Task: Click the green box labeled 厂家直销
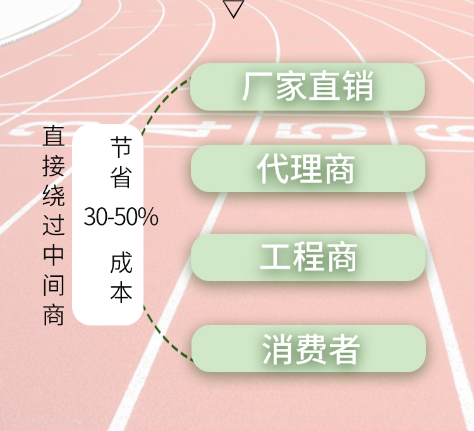(x=307, y=87)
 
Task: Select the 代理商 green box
(x=308, y=168)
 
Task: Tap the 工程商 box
(x=308, y=257)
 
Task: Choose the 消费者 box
(x=308, y=348)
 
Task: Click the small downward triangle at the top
(x=233, y=8)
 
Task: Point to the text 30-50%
(x=121, y=216)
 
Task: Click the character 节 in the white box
(x=121, y=147)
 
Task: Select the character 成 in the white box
(x=121, y=263)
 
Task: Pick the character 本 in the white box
(x=121, y=292)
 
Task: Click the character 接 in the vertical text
(x=54, y=166)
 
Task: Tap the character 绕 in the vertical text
(x=54, y=195)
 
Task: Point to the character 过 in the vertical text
(x=54, y=224)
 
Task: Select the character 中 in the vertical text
(x=54, y=255)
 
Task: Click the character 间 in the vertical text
(x=54, y=284)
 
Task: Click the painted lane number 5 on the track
(x=320, y=131)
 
